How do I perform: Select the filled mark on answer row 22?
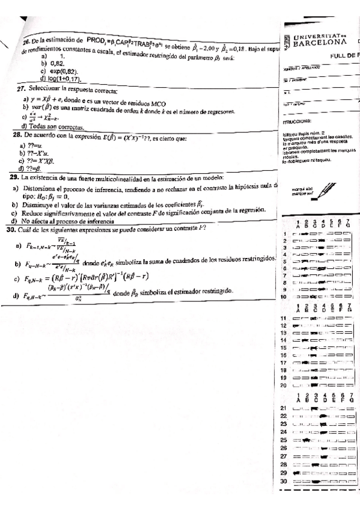(325, 416)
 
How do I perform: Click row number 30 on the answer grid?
(282, 482)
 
